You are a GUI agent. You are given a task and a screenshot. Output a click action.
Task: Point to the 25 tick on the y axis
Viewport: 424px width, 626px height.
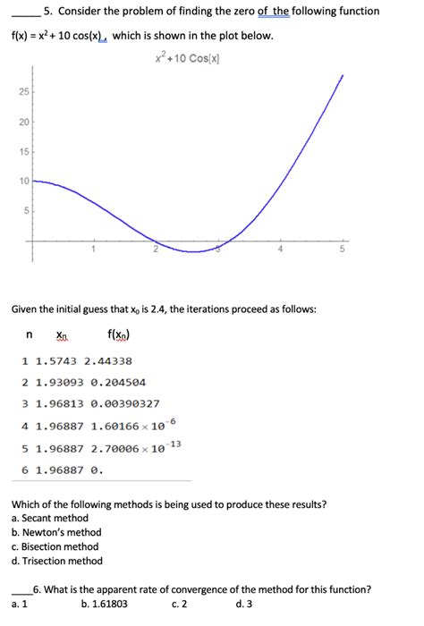[23, 93]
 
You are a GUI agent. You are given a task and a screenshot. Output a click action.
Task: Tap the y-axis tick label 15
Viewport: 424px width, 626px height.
[23, 152]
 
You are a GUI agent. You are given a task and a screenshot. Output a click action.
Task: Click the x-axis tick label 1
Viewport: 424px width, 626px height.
[91, 250]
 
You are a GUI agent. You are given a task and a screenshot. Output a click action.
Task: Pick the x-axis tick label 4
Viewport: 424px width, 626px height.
[280, 250]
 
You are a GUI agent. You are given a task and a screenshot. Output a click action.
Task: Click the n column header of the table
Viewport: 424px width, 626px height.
[29, 336]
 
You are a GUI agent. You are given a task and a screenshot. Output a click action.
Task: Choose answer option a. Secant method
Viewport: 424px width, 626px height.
[50, 518]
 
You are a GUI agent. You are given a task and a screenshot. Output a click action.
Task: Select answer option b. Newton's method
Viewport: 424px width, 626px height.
[56, 532]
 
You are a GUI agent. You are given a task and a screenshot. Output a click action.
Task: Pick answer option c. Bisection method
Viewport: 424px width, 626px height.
[55, 546]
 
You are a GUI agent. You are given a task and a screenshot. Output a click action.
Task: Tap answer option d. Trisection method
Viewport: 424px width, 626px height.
[57, 561]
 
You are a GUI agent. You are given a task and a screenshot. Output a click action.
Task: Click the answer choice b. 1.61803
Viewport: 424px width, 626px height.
[104, 605]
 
